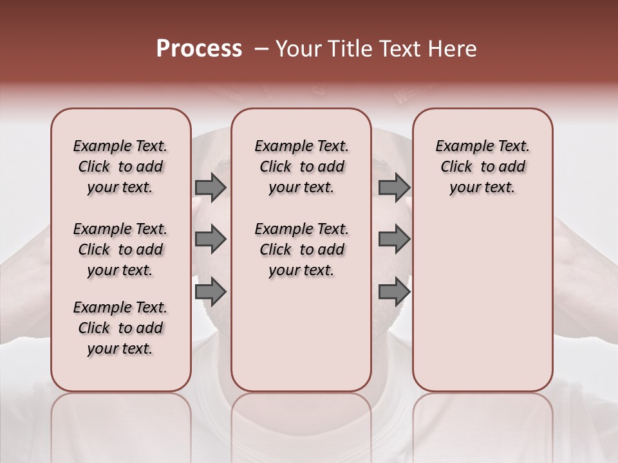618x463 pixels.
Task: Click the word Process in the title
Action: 199,49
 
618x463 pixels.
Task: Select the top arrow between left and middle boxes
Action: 211,187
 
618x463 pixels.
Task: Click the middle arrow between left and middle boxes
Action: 211,239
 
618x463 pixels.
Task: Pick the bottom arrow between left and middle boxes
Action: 211,291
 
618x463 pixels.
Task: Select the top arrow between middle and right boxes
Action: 394,187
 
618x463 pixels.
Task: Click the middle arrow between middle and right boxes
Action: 394,239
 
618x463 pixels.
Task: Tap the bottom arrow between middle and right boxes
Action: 394,291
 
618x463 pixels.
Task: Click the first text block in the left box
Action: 120,167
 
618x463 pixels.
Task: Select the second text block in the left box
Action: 120,250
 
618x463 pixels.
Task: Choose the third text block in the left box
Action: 120,328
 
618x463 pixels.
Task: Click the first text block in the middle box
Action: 301,167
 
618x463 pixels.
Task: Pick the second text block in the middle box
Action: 301,250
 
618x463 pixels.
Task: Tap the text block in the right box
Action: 482,167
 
